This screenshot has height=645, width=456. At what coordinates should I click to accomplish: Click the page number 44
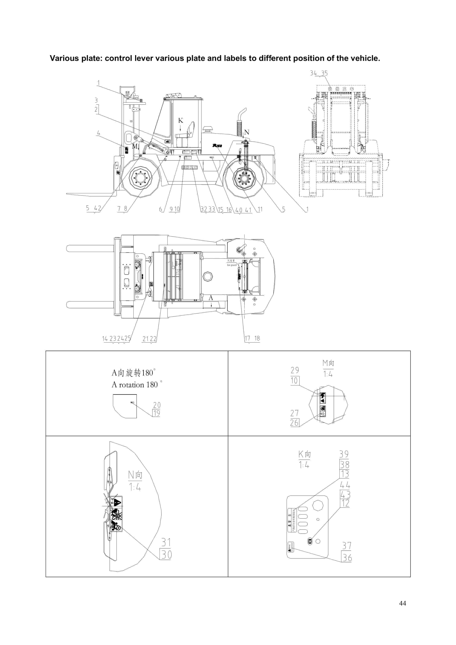click(x=402, y=603)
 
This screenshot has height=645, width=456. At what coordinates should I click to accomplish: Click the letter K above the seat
click(x=180, y=120)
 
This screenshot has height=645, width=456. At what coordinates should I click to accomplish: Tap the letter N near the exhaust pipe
click(x=247, y=132)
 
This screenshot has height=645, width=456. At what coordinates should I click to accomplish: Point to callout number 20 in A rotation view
click(x=157, y=405)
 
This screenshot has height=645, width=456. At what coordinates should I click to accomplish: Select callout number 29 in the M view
click(x=295, y=370)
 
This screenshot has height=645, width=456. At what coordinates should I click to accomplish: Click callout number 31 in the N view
click(x=166, y=542)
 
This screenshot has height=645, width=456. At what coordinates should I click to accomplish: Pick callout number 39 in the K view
click(x=344, y=454)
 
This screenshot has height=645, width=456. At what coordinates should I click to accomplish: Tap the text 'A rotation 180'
click(x=135, y=385)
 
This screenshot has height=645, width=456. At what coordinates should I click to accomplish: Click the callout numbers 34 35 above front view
click(x=319, y=73)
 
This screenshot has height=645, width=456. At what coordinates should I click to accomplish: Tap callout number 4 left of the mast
click(x=98, y=133)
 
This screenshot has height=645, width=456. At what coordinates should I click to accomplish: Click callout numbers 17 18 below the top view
click(x=252, y=338)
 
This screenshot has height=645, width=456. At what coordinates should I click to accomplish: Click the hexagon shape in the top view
click(x=207, y=276)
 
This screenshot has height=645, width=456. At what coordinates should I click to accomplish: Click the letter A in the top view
click(x=211, y=297)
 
